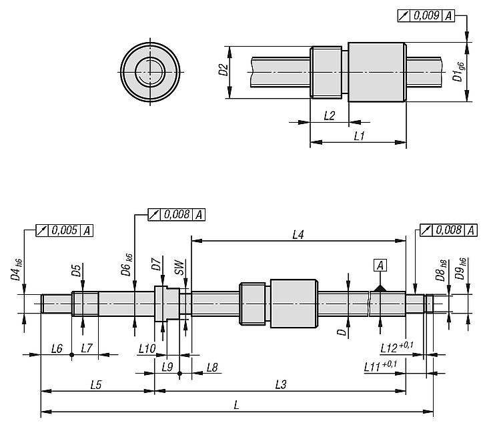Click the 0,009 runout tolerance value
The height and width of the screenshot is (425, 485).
427,15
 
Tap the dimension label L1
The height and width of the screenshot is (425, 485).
359,135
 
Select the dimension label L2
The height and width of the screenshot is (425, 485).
329,115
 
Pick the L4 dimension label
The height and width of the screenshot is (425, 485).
298,234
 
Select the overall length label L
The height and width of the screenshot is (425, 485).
239,405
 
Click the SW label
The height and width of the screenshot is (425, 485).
179,269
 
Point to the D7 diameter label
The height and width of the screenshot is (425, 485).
156,268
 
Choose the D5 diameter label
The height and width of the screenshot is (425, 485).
77,271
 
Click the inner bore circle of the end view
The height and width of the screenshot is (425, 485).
151,70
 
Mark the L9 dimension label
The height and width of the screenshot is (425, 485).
167,367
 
